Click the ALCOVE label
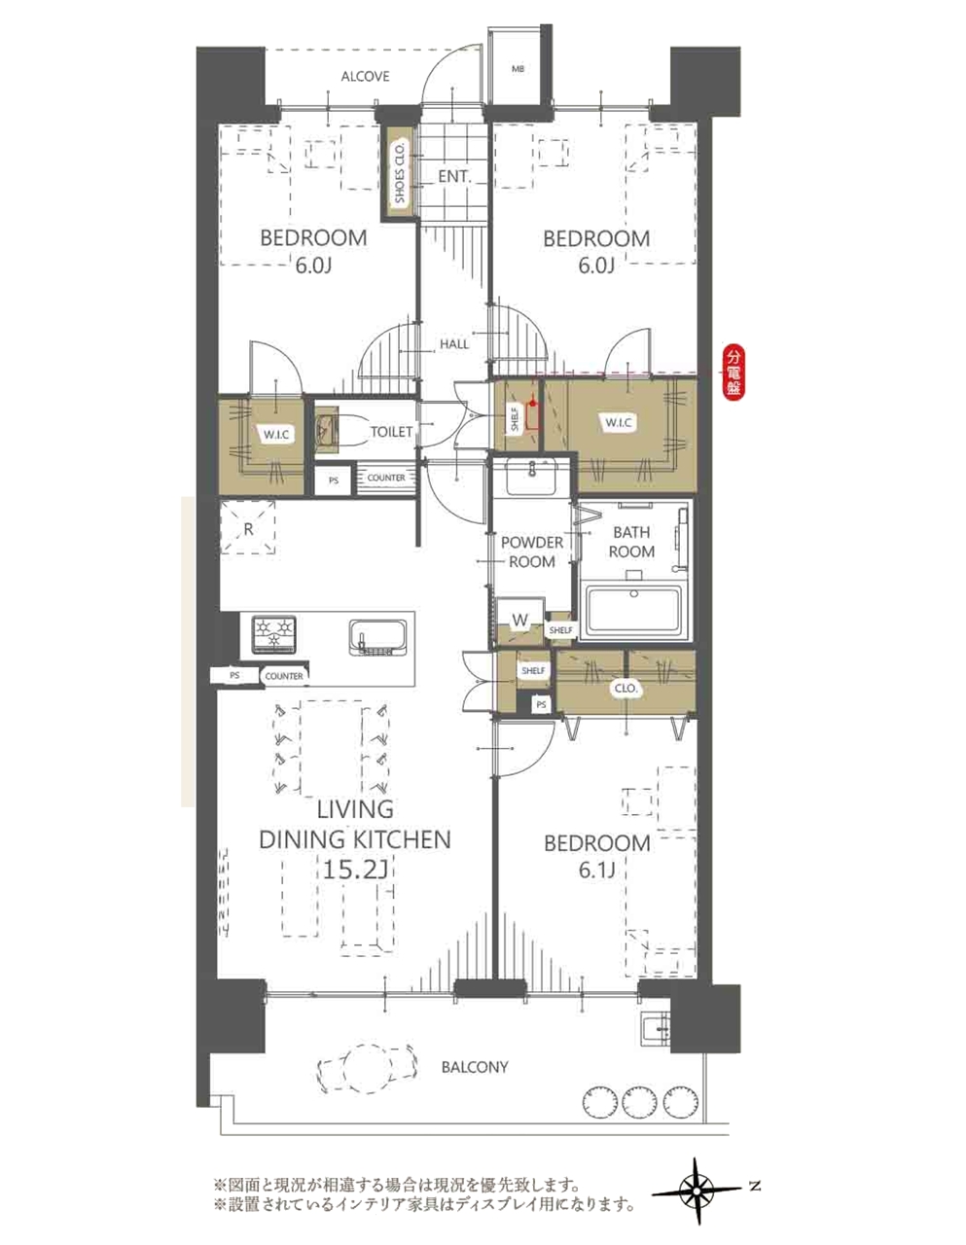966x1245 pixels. [365, 76]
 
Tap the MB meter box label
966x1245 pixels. [518, 69]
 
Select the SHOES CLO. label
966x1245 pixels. [400, 172]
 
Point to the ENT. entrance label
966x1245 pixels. [454, 176]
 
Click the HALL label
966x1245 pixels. [454, 344]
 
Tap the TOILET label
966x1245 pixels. [391, 432]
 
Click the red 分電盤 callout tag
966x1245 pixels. [733, 373]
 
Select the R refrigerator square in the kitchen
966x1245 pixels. [248, 528]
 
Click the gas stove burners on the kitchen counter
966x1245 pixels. [274, 634]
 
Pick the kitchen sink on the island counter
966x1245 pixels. [377, 637]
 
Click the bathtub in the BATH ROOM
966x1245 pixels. [633, 611]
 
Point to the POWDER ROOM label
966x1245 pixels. [532, 551]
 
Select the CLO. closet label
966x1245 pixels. [626, 689]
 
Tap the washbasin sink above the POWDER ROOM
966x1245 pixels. [532, 478]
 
